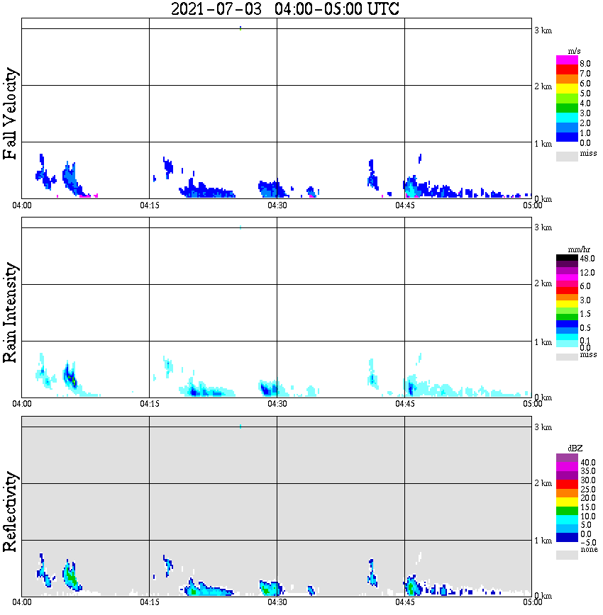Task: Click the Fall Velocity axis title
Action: pos(11,114)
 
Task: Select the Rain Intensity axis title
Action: pos(11,312)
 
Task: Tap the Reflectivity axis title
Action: pos(11,511)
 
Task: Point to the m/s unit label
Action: pos(567,50)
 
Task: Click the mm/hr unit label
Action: pos(567,249)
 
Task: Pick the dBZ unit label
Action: pos(567,448)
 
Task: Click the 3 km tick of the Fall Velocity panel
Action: pos(543,30)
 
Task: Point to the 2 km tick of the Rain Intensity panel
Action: pos(543,284)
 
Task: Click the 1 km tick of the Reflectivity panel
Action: pos(543,541)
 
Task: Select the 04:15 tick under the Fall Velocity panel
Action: pos(149,205)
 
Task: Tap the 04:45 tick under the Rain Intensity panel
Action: pos(405,404)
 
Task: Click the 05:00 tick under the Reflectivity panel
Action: pos(532,603)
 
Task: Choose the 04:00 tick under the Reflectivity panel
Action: pos(22,603)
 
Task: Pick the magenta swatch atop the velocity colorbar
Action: pos(567,60)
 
